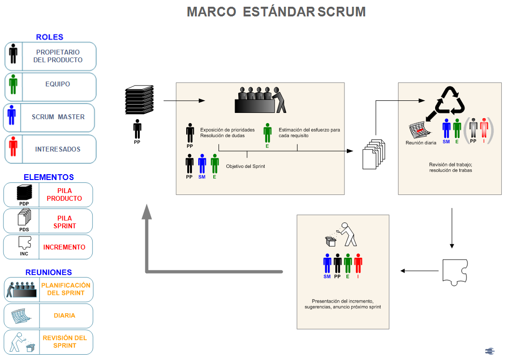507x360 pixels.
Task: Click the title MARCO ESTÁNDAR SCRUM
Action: (276, 12)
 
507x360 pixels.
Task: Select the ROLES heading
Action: (50, 37)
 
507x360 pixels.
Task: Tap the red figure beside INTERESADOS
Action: (13, 146)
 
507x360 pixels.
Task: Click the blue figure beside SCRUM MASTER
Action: (12, 115)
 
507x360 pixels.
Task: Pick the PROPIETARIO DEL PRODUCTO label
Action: (58, 56)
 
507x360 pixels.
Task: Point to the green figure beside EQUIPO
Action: (13, 84)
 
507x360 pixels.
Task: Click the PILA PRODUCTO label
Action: (64, 194)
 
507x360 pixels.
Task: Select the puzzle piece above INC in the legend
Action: (25, 243)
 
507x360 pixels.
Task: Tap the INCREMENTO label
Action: (64, 247)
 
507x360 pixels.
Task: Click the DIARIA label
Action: (64, 316)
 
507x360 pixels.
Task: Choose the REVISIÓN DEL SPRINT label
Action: (65, 342)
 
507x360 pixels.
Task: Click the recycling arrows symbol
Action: (450, 100)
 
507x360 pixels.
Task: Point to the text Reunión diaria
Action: (421, 143)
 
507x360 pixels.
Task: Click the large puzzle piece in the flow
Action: (455, 272)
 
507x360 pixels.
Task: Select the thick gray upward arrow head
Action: (147, 211)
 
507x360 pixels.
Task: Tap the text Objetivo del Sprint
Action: (246, 166)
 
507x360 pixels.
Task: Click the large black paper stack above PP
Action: (139, 99)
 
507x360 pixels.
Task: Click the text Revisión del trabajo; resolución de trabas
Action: (451, 167)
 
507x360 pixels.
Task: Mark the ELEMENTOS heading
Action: (49, 177)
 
